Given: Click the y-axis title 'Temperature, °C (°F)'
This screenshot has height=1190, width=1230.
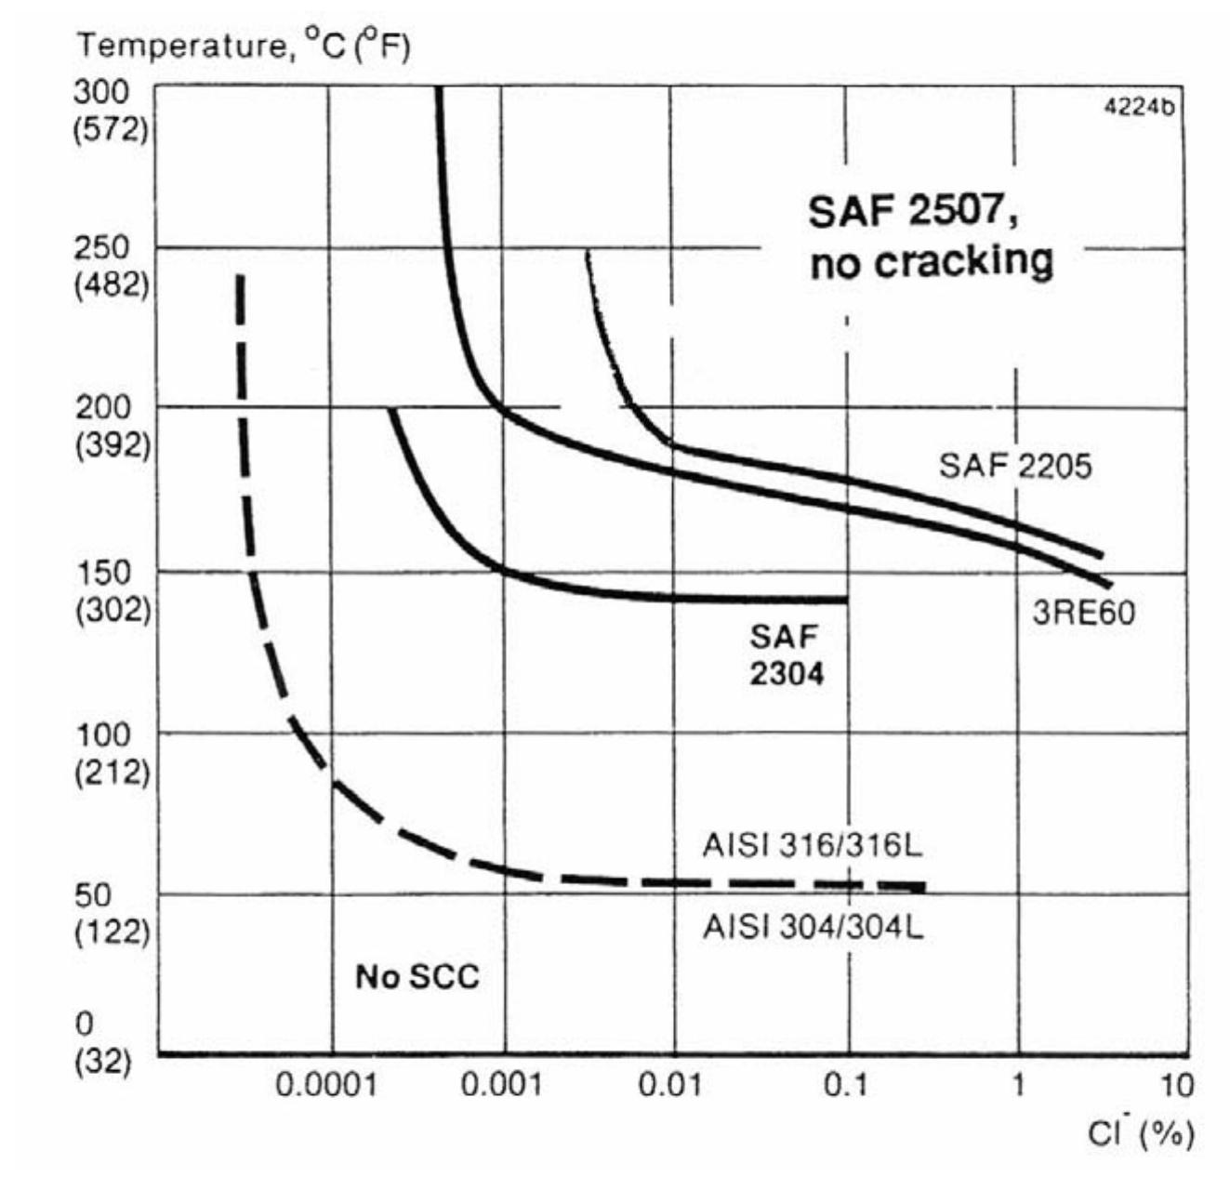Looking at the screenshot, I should click(243, 46).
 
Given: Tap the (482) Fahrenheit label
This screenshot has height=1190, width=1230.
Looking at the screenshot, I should click(111, 284).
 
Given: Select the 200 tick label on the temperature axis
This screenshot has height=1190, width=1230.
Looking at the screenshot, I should click(102, 406).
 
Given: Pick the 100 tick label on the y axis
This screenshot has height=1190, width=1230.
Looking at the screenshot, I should click(102, 734).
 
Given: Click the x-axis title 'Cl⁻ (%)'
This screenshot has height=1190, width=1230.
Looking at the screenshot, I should click(1141, 1134).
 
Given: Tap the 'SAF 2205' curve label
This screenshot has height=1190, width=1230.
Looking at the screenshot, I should click(1014, 466).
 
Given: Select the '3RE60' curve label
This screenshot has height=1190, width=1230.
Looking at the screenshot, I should click(1083, 613).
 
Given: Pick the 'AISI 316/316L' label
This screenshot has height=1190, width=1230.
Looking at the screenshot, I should click(812, 846).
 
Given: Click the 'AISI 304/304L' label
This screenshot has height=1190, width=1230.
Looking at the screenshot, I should click(813, 928).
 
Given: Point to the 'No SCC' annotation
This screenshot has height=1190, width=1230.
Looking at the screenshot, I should click(417, 977).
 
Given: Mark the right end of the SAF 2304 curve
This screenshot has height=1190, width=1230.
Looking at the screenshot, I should click(846, 600).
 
